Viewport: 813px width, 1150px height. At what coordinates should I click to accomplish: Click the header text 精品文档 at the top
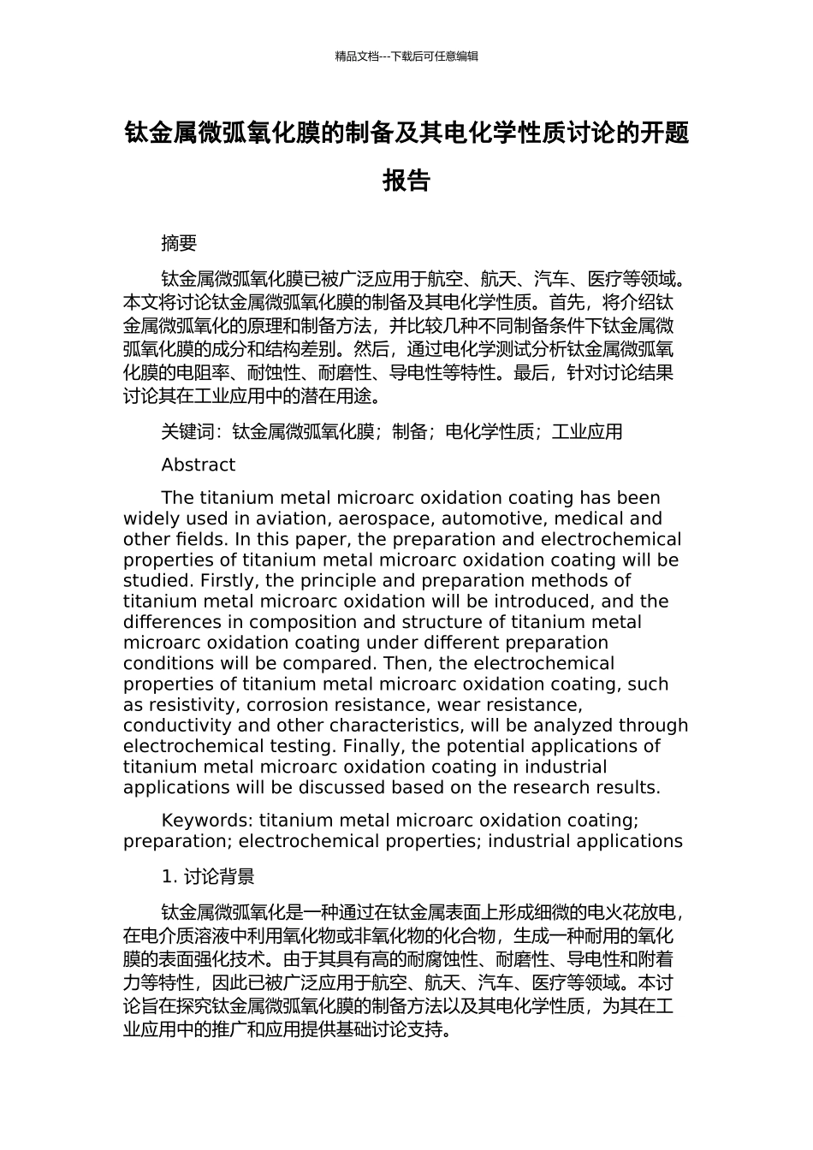(357, 56)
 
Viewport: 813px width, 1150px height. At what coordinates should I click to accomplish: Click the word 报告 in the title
(406, 181)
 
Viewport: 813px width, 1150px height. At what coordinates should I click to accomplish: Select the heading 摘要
(179, 244)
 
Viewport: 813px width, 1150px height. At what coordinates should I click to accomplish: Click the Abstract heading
(198, 465)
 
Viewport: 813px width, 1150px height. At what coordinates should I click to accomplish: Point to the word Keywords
(206, 821)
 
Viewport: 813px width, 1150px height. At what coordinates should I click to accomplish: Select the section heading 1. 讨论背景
(208, 877)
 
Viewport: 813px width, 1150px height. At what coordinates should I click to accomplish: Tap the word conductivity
(175, 726)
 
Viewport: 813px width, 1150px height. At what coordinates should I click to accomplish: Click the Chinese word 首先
(567, 302)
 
